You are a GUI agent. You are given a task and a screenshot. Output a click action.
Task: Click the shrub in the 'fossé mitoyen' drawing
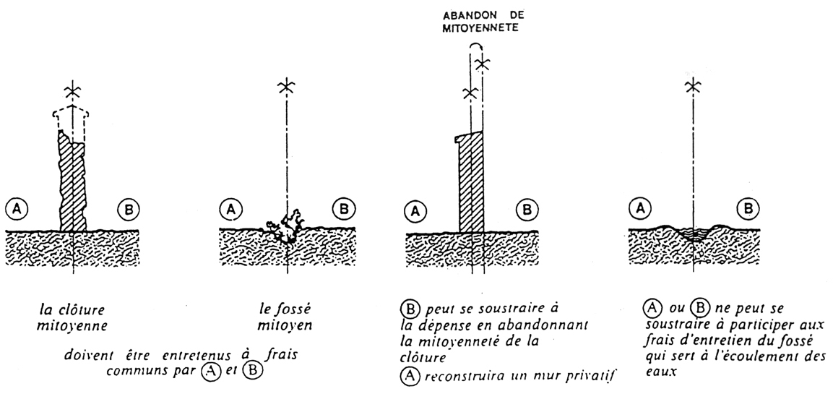[287, 227]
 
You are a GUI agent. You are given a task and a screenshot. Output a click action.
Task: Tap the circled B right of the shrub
[342, 208]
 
